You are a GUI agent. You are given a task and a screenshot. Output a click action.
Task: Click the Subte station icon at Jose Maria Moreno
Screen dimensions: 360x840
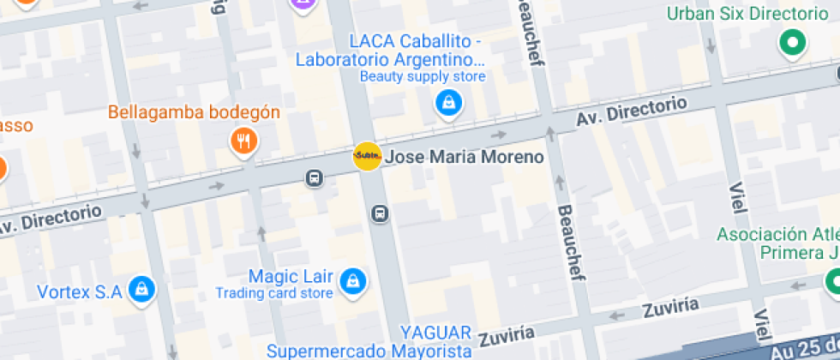(368, 156)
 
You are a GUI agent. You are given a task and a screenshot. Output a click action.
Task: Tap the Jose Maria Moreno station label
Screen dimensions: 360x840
(464, 157)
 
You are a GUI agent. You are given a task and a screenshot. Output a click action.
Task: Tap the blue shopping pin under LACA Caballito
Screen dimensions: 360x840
(447, 105)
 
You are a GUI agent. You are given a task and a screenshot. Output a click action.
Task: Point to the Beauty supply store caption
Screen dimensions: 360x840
(423, 76)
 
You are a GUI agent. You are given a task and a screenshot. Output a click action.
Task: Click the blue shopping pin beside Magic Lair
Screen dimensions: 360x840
(351, 280)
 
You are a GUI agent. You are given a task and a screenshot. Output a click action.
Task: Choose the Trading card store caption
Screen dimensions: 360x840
(273, 294)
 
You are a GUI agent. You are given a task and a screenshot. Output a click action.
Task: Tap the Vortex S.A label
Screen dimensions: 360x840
(80, 291)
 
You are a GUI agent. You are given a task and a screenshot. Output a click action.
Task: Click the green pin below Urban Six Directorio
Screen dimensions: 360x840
(793, 42)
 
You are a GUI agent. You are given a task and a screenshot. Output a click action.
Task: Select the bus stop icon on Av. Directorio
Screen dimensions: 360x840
(314, 178)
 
